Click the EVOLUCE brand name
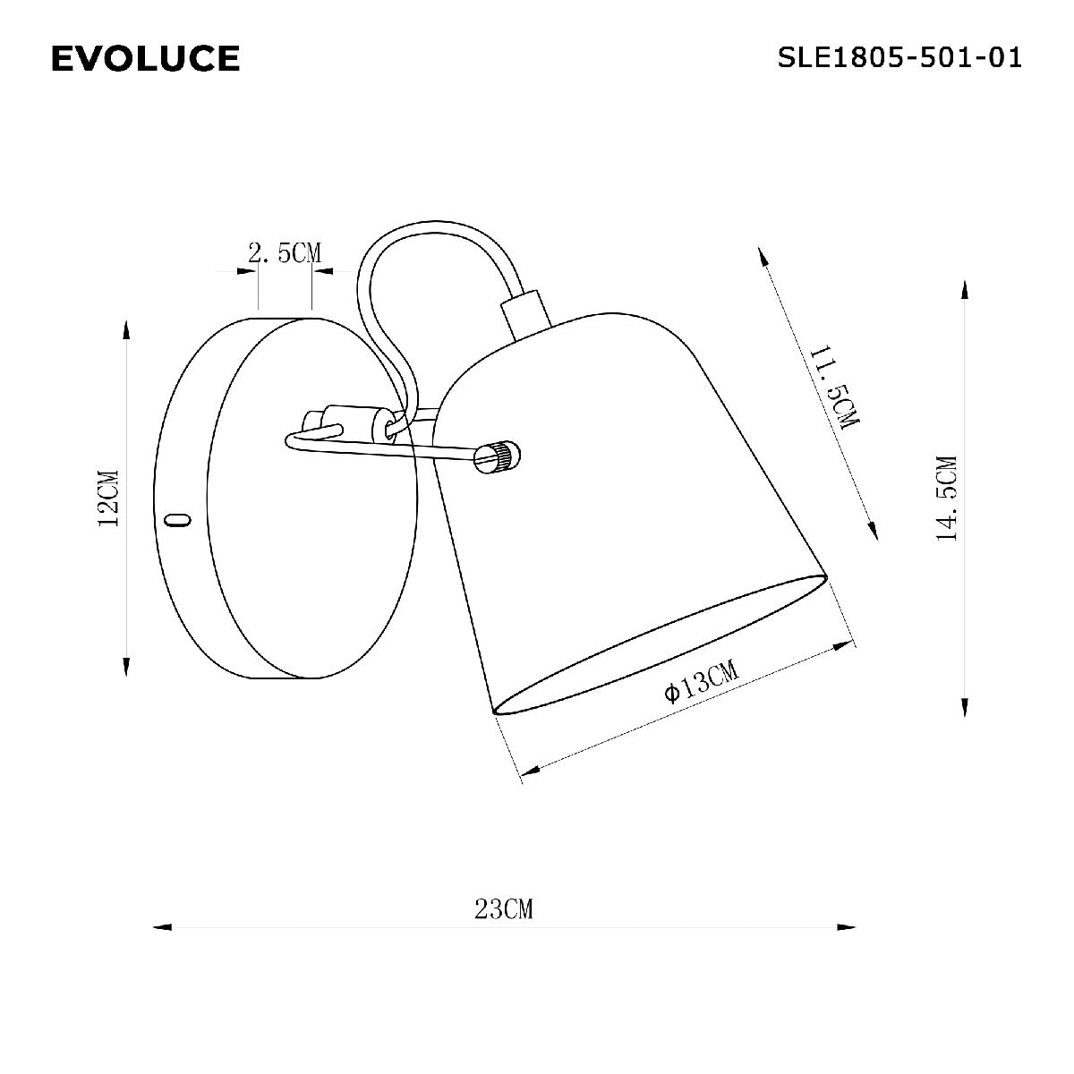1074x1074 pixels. pos(145,59)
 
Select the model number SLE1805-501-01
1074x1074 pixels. pos(899,58)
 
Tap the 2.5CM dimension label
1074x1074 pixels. pos(284,253)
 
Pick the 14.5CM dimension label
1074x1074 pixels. pos(946,499)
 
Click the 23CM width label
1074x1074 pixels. pos(504,909)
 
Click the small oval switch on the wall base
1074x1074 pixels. pos(179,519)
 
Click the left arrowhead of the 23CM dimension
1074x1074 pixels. pos(162,927)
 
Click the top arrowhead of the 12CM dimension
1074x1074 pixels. pos(126,329)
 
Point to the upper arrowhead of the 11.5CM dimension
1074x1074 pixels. pos(763,257)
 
